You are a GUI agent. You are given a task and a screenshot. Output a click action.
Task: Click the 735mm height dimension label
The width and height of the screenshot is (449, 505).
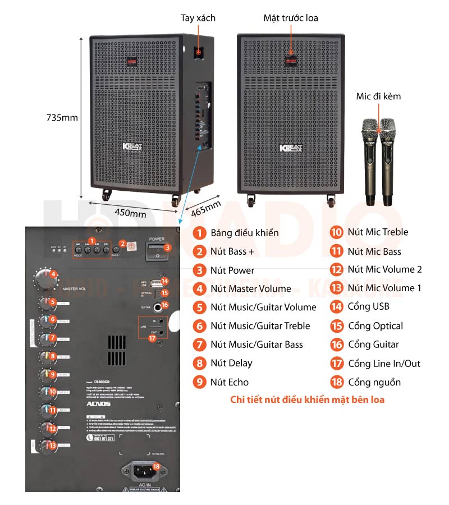coord(62,118)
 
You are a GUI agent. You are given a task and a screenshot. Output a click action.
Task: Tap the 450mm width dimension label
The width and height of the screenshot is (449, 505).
coord(130,213)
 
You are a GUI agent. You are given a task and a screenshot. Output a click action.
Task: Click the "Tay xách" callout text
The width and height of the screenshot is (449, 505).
coord(198,18)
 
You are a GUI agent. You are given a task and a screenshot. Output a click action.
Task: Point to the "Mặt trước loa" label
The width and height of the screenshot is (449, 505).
coord(291,18)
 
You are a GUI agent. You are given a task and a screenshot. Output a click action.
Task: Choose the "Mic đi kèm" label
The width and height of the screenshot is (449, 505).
coord(378,97)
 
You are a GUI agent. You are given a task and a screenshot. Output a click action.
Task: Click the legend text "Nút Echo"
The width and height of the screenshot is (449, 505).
coord(229,382)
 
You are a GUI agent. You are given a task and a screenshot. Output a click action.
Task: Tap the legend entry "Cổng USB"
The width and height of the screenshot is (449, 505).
coord(368,306)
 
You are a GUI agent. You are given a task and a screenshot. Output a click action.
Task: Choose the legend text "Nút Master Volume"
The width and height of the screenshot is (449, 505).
coord(250,288)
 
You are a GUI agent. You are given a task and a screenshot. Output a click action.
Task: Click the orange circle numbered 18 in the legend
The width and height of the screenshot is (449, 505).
coord(337,382)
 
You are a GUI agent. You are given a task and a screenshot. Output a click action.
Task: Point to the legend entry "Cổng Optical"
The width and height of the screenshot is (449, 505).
coord(375,325)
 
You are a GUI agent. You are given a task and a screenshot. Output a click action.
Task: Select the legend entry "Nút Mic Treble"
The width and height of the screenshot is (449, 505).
coord(378,232)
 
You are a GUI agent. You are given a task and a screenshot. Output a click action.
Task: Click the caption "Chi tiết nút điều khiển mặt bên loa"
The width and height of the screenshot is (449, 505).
coord(307,400)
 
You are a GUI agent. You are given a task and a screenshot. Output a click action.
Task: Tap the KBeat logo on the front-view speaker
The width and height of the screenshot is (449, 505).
coord(290,148)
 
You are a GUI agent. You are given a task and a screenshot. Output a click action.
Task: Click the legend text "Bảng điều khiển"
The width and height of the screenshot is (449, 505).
coord(244,232)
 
